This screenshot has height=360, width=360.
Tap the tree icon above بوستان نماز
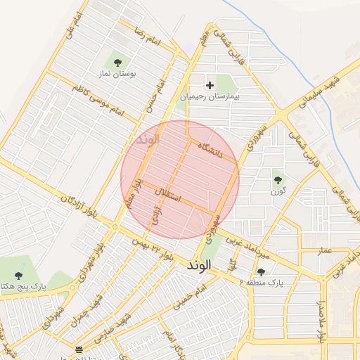117,63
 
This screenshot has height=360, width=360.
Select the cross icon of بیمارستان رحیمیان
209,85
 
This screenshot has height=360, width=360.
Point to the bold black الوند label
204,267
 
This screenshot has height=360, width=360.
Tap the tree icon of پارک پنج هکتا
19,275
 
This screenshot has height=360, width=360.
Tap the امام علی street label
73,25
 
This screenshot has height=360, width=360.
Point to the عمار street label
324,250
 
